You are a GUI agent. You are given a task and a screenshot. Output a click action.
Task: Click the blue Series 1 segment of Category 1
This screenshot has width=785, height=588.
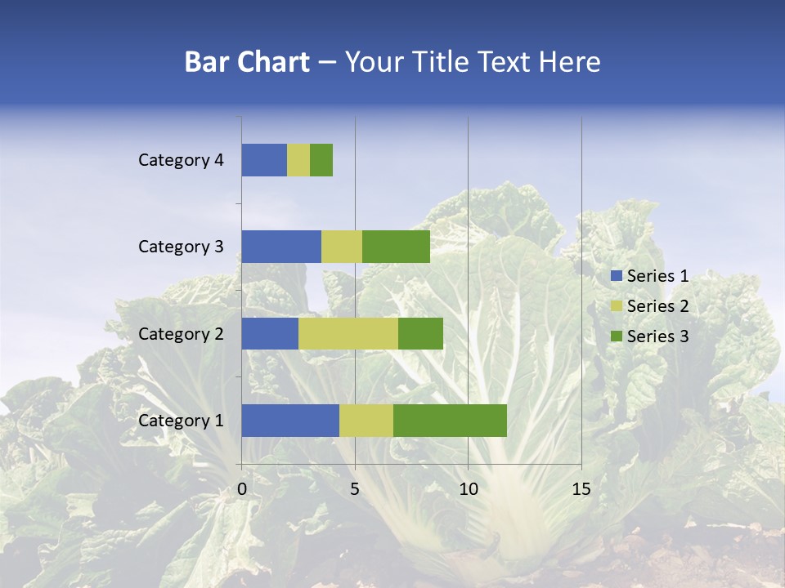(290, 421)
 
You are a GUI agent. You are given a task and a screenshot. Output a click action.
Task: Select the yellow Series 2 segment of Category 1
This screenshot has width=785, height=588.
(366, 421)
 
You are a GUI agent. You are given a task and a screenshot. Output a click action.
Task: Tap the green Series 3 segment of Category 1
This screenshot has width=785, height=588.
(450, 421)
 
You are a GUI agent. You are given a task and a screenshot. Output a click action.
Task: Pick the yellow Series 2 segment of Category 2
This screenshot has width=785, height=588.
(348, 333)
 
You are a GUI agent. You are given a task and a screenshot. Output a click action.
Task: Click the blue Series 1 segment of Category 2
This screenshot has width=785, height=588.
(270, 333)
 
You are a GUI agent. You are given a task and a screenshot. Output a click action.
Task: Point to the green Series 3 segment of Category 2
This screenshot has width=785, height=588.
(420, 333)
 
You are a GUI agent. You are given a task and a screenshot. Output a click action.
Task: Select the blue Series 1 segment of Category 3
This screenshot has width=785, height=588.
(281, 247)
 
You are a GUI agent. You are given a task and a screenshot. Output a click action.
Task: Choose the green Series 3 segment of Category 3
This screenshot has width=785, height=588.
(396, 247)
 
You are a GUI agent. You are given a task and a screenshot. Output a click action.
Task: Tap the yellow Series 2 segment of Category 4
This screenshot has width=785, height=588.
(298, 160)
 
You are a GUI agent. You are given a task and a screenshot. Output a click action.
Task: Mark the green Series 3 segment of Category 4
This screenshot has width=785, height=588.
(321, 160)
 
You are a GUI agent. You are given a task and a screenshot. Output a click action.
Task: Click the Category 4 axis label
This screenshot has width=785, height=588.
(181, 160)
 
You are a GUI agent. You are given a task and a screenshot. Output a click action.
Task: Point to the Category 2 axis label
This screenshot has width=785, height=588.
(181, 333)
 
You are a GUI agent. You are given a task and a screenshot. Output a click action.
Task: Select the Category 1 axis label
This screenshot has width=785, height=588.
(181, 421)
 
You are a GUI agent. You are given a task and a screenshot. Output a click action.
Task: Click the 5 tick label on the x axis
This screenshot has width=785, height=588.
(355, 489)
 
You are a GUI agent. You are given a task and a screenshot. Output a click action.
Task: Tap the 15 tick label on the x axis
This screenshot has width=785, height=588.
(581, 489)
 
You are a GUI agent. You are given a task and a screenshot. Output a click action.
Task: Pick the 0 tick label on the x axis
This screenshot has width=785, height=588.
(242, 489)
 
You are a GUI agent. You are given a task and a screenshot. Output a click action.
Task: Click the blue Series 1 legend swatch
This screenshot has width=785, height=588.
(616, 276)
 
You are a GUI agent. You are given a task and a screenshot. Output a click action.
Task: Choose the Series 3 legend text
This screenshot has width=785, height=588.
(657, 336)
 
